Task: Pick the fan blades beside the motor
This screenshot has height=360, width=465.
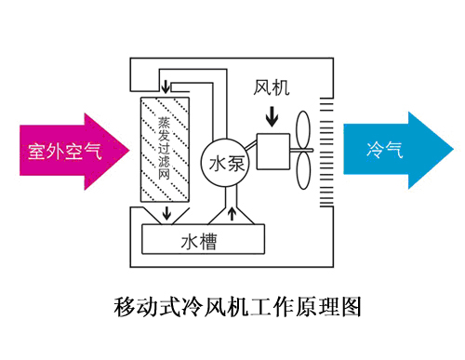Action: click(x=303, y=149)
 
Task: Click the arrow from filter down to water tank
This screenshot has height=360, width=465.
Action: click(x=166, y=215)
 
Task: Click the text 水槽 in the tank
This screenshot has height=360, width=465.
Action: click(x=199, y=243)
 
